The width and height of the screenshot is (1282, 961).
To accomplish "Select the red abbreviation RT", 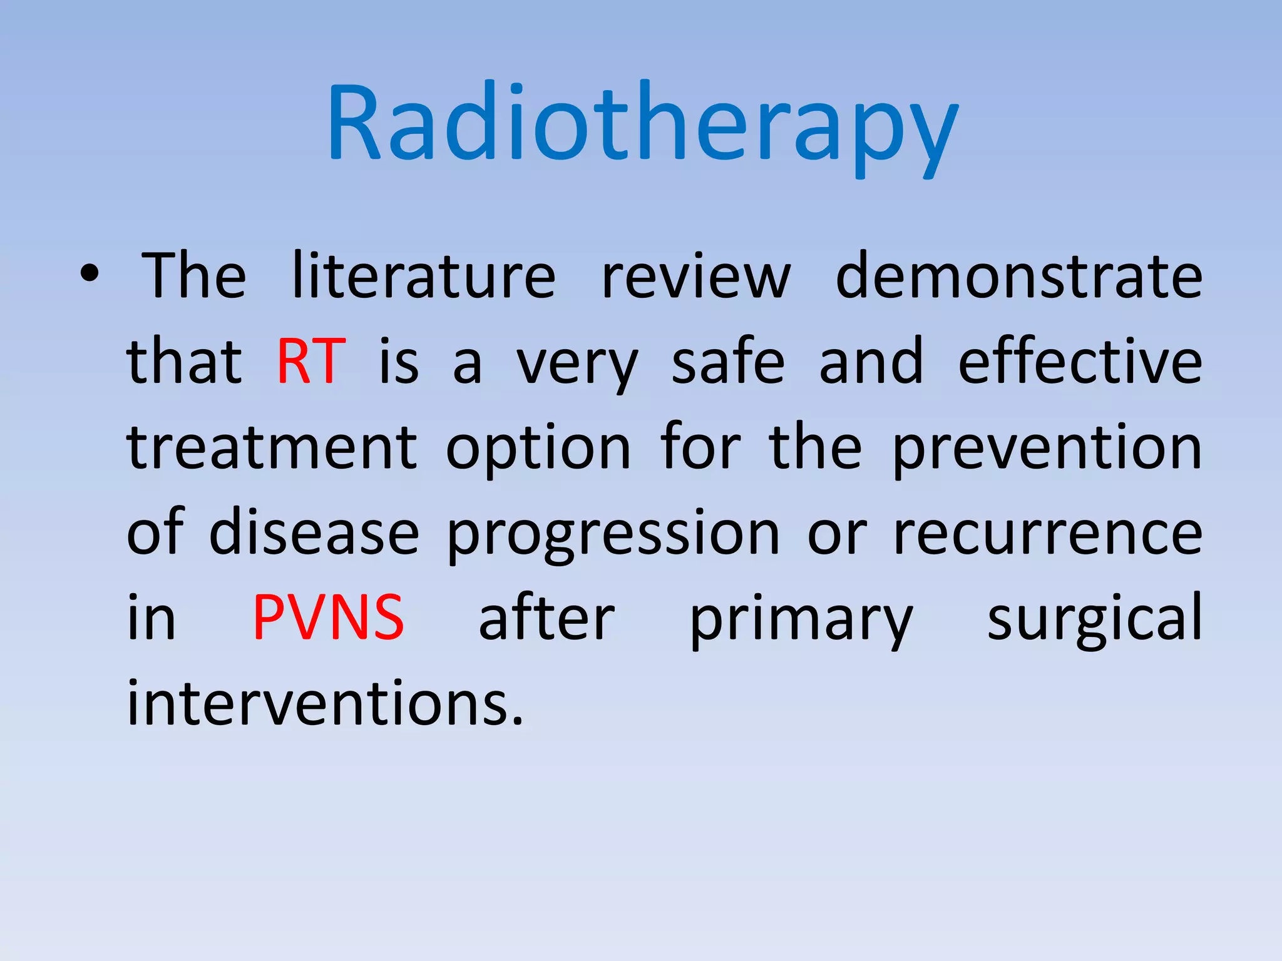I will click(x=311, y=361).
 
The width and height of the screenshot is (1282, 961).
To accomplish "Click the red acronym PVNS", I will click(x=328, y=618).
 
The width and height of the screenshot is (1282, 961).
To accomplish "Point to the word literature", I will click(x=424, y=275).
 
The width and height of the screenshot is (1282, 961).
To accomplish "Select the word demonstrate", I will click(x=1018, y=275).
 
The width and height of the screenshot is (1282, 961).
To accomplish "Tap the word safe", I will click(x=727, y=361).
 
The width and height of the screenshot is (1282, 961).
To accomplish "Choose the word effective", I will click(x=1080, y=361).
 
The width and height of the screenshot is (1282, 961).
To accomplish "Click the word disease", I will click(x=314, y=532).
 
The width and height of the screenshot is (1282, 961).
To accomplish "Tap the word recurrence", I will click(x=1047, y=534).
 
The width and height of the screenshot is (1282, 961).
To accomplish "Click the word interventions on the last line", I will click(x=324, y=703).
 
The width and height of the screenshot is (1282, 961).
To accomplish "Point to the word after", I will click(x=546, y=618).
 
